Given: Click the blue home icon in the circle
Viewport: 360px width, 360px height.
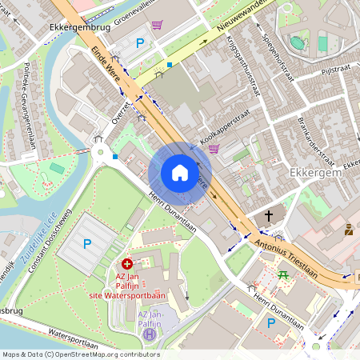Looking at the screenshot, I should pyautogui.click(x=180, y=173).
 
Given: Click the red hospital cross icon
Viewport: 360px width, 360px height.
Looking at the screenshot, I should pyautogui.click(x=127, y=263).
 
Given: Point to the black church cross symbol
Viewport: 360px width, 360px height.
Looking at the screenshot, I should pyautogui.click(x=269, y=216).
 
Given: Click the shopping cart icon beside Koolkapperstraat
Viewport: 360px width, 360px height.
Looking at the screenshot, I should pyautogui.click(x=214, y=148).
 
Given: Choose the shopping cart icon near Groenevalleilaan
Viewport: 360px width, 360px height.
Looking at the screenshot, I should pyautogui.click(x=157, y=25).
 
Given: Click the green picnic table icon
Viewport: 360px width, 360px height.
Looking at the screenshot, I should pyautogui.click(x=283, y=274).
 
